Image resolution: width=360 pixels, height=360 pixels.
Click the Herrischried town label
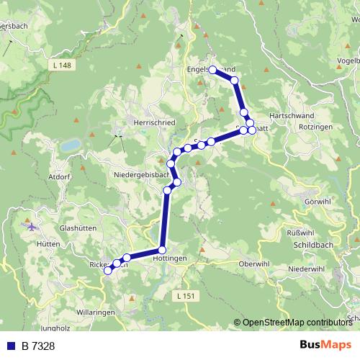point(154,123)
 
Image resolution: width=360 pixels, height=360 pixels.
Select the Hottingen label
point(170,258)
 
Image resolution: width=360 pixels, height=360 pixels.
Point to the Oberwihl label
point(253,263)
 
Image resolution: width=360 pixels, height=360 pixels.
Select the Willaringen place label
point(96,313)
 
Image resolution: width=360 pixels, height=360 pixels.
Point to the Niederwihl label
point(307,269)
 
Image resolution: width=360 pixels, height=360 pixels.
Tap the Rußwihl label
point(301,233)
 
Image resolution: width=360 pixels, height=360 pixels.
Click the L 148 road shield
point(63,66)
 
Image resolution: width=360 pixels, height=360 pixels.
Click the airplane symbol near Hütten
point(30,227)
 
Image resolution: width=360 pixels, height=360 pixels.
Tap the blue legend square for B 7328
point(11,346)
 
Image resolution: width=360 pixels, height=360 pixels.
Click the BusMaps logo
point(325,345)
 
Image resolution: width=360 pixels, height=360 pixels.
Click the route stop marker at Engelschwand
point(212,70)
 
